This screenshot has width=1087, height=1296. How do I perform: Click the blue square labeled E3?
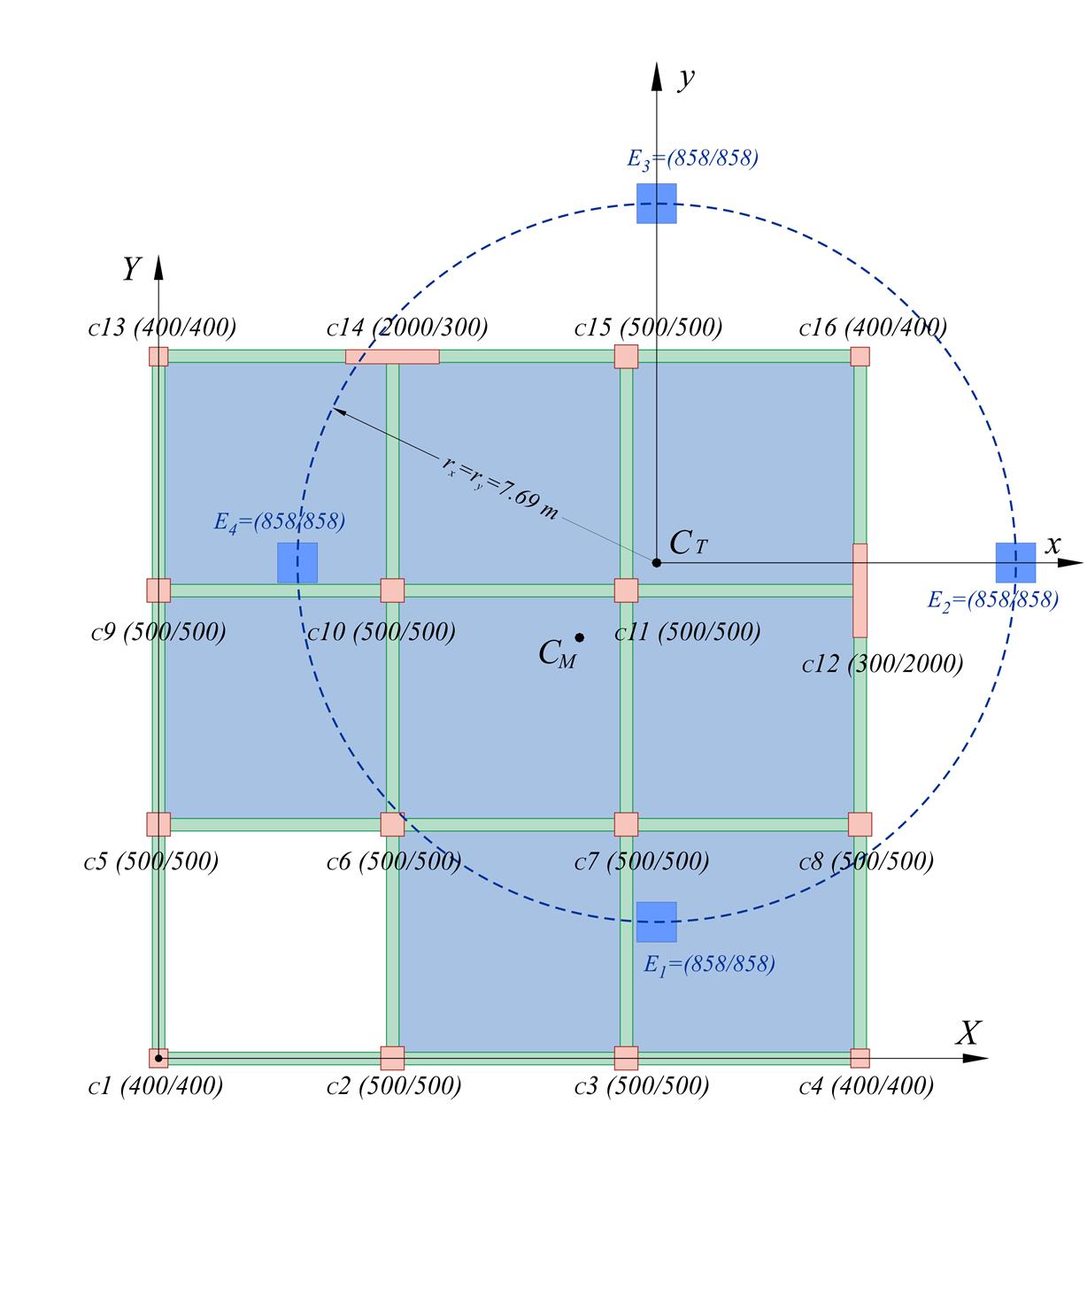tap(657, 204)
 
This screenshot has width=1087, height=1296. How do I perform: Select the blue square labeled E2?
tap(1015, 563)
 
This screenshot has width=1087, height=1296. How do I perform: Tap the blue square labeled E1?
tap(657, 922)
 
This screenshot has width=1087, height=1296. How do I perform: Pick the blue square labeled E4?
tap(297, 563)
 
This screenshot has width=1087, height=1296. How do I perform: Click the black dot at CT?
tap(657, 563)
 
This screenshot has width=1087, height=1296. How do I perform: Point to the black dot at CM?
tap(579, 637)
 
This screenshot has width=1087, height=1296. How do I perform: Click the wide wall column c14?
tap(392, 357)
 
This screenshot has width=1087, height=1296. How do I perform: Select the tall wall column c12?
tap(860, 590)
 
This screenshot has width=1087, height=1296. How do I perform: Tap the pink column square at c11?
tap(626, 590)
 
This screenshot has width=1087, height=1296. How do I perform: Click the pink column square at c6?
tap(392, 824)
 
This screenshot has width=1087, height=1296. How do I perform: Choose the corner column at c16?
tap(860, 357)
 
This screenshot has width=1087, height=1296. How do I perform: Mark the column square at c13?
tap(158, 357)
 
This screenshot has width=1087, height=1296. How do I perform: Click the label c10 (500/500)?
tap(382, 632)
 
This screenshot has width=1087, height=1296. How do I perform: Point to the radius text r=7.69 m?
tap(500, 487)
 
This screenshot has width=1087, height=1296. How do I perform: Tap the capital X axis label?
tap(969, 1032)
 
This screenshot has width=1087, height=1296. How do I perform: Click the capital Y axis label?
tap(132, 268)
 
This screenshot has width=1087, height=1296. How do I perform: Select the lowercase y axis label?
tap(686, 78)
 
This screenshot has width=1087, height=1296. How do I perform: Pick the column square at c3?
tap(626, 1058)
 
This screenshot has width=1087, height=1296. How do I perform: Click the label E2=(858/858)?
tap(992, 600)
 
